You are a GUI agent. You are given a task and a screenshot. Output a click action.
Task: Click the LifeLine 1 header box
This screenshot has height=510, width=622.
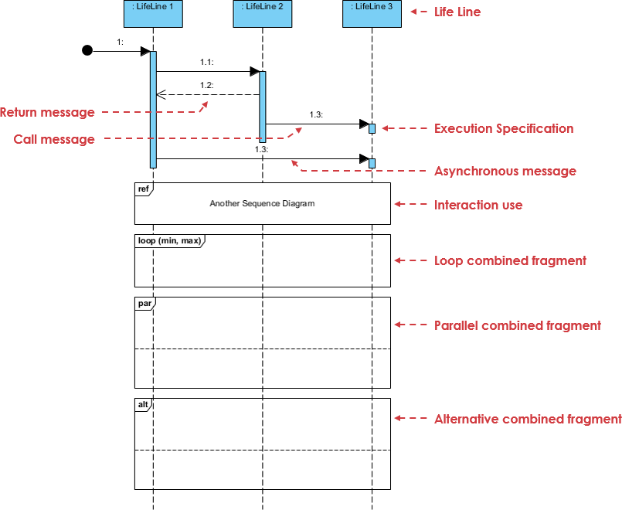(153, 13)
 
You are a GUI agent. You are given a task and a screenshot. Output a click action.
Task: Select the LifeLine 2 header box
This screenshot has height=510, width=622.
(262, 13)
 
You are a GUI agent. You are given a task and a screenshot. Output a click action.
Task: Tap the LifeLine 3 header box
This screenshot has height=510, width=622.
(372, 13)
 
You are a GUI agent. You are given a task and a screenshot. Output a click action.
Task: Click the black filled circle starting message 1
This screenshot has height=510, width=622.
(87, 51)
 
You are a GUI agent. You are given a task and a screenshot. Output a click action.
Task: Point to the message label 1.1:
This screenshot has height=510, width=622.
(206, 61)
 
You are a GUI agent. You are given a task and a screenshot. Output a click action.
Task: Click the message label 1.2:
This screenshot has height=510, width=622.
(206, 85)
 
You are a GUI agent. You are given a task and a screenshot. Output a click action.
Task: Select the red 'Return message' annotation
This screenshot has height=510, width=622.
(47, 113)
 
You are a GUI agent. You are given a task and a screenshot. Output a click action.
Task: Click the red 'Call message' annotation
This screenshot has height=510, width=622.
(54, 140)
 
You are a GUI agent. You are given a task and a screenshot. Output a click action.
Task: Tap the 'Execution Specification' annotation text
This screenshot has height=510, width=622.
(504, 128)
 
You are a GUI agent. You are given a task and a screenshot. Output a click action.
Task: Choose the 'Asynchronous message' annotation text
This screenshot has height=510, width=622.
(505, 171)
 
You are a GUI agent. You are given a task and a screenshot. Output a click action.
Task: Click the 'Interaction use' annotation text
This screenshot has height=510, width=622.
(478, 205)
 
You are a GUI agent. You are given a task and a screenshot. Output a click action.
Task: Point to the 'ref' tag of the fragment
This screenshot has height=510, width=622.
(144, 188)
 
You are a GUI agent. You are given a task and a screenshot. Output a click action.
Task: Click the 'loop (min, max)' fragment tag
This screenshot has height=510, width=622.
(169, 240)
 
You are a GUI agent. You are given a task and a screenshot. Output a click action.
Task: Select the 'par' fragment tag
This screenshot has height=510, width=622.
(144, 303)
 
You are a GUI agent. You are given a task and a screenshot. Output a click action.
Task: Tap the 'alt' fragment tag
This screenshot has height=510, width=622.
(144, 404)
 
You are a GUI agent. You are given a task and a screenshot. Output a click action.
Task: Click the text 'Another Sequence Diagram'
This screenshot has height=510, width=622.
(262, 204)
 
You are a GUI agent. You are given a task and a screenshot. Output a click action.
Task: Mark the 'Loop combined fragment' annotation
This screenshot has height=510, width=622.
(510, 260)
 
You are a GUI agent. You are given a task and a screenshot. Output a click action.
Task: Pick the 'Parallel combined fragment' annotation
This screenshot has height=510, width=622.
(518, 325)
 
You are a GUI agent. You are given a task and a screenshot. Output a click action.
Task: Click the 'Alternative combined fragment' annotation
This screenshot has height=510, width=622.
(528, 419)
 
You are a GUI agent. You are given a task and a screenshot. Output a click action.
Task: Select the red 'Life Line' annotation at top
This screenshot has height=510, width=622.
(457, 12)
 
